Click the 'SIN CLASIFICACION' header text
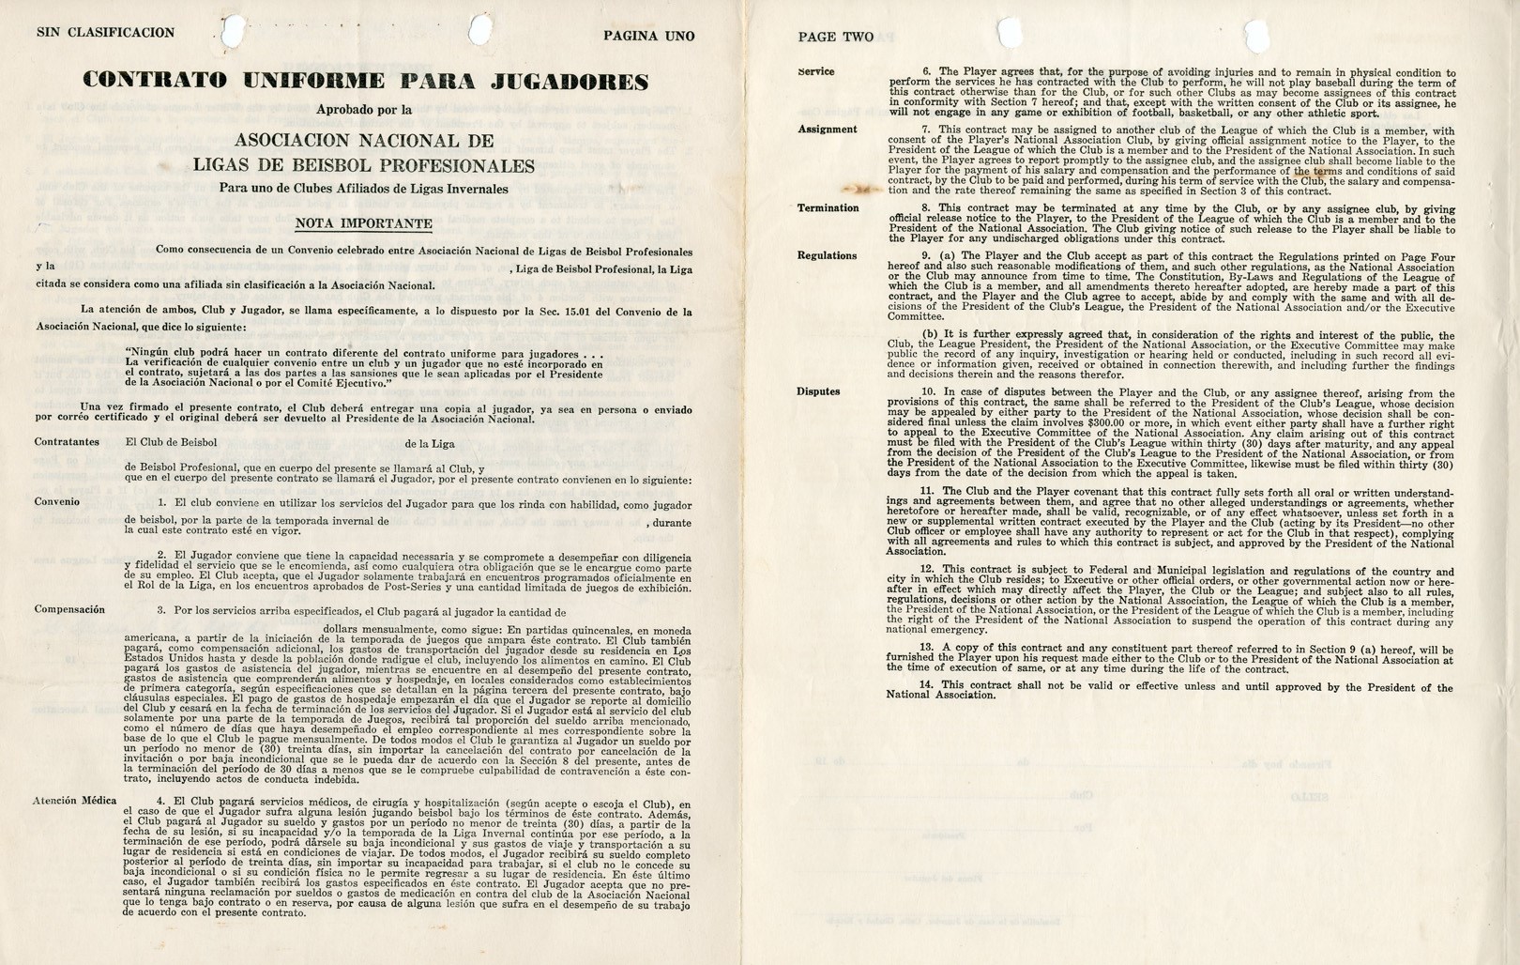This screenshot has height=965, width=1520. coord(105,33)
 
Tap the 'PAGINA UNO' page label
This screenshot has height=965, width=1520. coord(648,37)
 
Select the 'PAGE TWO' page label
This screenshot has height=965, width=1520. coord(835,38)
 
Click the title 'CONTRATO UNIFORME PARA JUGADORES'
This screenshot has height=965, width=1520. coord(365,80)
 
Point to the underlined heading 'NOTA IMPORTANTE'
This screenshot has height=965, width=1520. coord(363,223)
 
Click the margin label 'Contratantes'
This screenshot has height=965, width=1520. coord(67,441)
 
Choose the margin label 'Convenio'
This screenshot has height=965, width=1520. coord(57,502)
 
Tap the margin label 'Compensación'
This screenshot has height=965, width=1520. coord(69,609)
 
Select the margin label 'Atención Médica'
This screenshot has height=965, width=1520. coord(75,801)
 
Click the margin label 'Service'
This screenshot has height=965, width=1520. coord(815,71)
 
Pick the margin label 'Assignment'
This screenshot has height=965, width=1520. coord(827,130)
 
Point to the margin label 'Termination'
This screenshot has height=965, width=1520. coord(828,208)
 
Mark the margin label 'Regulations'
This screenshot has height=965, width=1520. coord(827,255)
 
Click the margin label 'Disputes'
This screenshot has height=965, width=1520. coord(818,391)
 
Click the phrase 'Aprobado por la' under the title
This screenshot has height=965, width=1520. coord(364,110)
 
